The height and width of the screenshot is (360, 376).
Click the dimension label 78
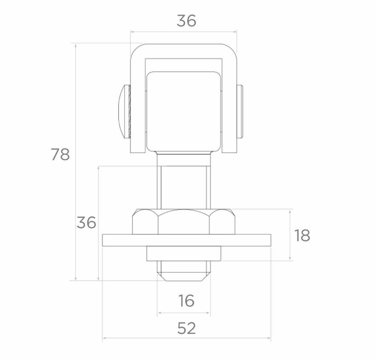tap(60, 154)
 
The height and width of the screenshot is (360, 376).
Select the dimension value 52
tap(186, 328)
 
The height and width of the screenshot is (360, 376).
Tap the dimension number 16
tap(186, 300)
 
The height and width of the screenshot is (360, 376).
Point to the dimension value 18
tap(302, 235)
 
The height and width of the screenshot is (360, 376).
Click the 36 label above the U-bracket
tap(186, 21)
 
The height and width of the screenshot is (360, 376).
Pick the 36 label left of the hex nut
tap(86, 222)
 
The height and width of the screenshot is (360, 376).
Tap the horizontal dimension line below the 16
tap(183, 312)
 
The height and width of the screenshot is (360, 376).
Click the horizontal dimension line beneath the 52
tap(186, 338)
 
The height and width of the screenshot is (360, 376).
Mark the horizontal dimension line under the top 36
tap(183, 32)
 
